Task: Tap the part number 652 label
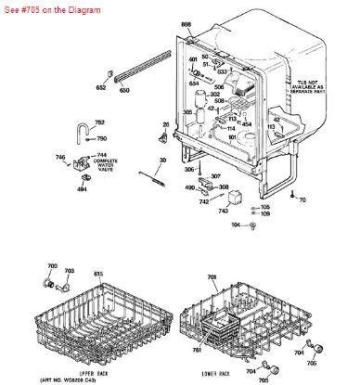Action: (x=101, y=89)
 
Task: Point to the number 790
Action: (x=102, y=138)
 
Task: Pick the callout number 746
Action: (x=60, y=159)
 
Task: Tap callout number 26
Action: (x=166, y=123)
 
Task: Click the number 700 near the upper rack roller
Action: (x=52, y=267)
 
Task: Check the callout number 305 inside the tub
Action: (x=187, y=112)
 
